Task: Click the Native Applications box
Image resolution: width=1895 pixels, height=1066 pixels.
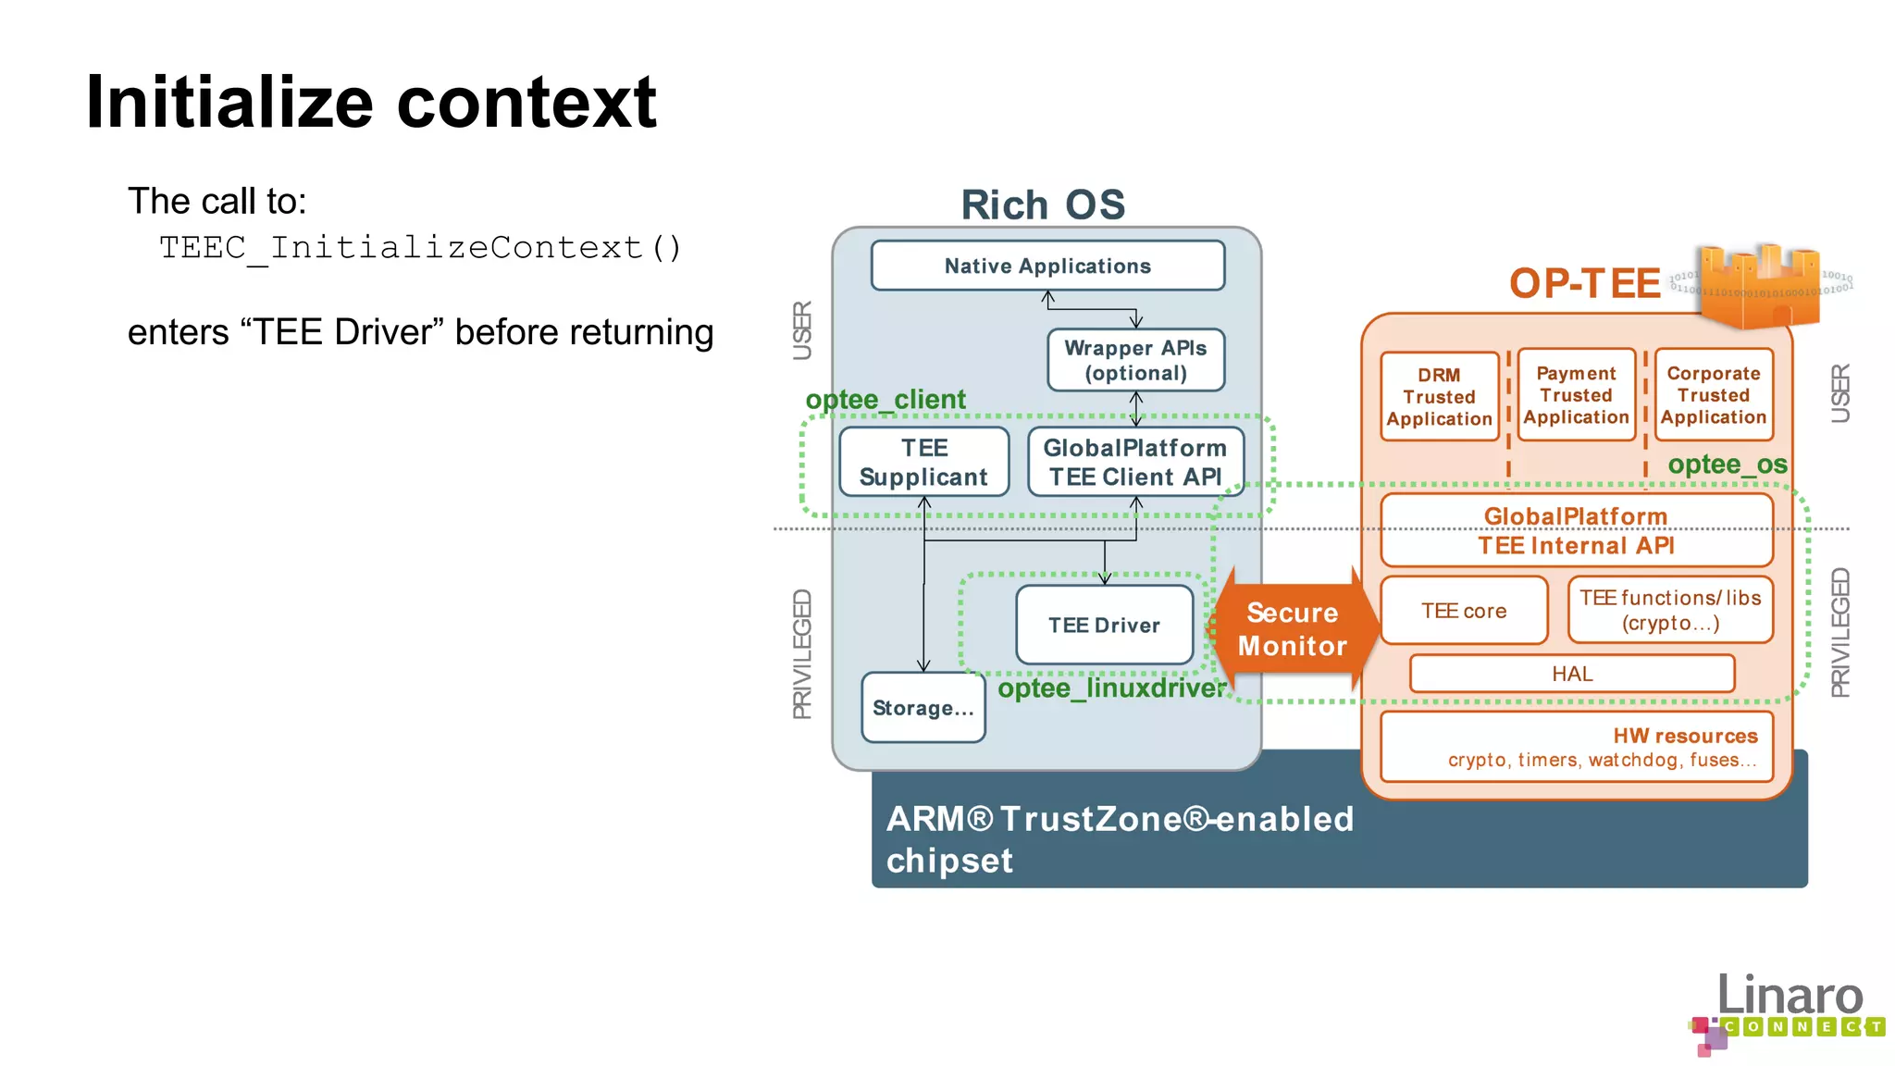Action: [x=1047, y=266]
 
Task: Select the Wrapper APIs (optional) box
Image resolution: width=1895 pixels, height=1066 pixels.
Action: [x=1135, y=360]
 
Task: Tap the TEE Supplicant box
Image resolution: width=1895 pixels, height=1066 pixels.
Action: [x=923, y=462]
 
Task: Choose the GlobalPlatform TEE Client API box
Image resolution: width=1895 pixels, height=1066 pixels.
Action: [x=1135, y=462]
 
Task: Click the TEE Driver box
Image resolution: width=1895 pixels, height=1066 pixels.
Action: [x=1104, y=625]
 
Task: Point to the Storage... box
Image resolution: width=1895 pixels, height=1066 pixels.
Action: [x=923, y=708]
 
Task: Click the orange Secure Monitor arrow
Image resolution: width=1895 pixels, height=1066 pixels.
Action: [x=1292, y=629]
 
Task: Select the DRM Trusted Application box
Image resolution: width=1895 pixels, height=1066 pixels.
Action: [x=1439, y=396]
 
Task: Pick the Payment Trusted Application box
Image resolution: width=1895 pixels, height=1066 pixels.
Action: [x=1576, y=395]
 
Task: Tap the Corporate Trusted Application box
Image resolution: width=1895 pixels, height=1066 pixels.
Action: [x=1713, y=395]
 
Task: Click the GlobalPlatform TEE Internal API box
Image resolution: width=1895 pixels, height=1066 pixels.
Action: [x=1576, y=530]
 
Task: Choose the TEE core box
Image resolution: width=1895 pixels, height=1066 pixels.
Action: [x=1464, y=611]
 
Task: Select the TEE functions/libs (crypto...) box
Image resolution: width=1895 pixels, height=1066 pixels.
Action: [x=1670, y=610]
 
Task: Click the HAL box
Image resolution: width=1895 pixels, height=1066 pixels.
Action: [x=1572, y=674]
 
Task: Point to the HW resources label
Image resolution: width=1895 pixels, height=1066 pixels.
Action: [x=1684, y=736]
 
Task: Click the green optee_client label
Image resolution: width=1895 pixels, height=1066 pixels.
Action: [x=886, y=400]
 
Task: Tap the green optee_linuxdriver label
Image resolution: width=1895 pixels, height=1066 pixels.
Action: [x=1111, y=688]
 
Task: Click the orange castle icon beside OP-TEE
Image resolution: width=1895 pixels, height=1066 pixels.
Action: [x=1758, y=285]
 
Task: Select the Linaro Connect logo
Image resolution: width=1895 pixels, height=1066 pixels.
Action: [x=1786, y=1013]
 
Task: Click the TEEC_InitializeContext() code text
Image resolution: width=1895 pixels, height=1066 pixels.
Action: [x=421, y=248]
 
